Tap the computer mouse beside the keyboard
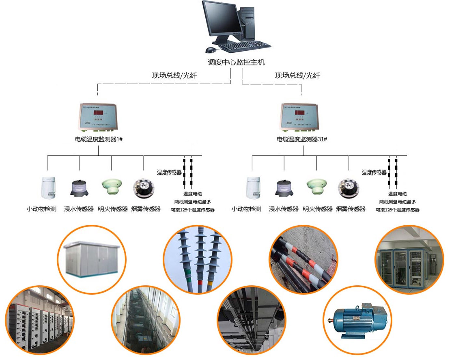point(211,50)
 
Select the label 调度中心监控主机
point(236,63)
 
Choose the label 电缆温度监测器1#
point(99,139)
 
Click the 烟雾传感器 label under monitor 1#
point(146,209)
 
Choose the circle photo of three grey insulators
point(197,259)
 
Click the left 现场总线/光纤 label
point(168,75)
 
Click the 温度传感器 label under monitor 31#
point(374,172)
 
